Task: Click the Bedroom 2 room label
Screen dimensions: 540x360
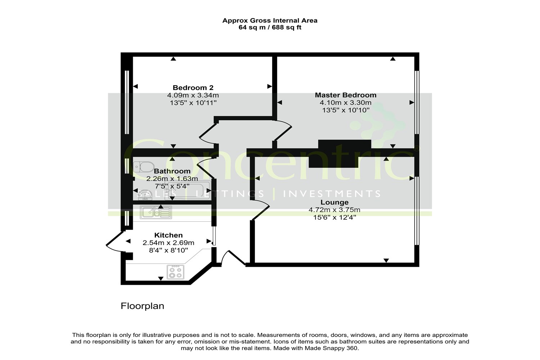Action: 193,87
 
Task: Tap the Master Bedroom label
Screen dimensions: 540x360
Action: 346,95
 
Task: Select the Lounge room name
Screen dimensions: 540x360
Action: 334,202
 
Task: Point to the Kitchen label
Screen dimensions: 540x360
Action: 168,235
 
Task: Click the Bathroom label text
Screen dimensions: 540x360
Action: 172,171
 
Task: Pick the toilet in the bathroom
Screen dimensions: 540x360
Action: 144,167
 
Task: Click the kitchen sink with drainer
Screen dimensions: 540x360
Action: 156,212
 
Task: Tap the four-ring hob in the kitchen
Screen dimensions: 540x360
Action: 176,272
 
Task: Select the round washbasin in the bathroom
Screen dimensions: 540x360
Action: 145,195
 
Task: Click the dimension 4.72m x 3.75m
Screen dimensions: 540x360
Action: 334,210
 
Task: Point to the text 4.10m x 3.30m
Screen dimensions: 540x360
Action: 346,103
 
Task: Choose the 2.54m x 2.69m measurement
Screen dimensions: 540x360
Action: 168,243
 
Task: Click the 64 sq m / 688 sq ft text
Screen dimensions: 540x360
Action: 270,27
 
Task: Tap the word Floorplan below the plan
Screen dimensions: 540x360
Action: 142,306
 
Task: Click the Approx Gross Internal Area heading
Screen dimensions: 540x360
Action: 270,21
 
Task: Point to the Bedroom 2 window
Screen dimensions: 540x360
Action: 127,102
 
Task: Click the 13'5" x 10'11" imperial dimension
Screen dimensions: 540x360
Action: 193,103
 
